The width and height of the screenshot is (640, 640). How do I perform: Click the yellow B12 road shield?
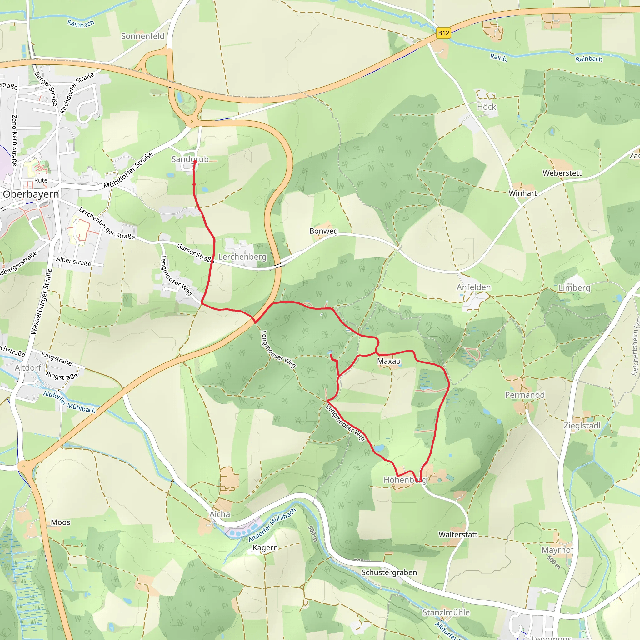click(443, 33)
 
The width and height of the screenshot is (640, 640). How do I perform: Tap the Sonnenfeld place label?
click(142, 36)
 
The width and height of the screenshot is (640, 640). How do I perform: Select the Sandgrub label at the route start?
click(190, 159)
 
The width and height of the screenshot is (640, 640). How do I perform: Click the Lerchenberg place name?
click(242, 257)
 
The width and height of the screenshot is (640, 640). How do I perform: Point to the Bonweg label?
click(323, 231)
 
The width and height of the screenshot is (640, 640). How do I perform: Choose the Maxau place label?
click(388, 361)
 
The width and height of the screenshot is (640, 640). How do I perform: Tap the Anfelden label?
click(473, 287)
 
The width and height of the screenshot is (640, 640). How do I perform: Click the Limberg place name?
click(574, 287)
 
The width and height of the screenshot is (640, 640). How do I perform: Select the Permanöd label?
click(524, 395)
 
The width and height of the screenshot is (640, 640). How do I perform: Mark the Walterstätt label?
click(458, 534)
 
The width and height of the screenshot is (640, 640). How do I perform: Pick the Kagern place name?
click(265, 547)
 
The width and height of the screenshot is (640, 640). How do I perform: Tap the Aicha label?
click(220, 514)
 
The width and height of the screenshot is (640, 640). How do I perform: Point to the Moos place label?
click(60, 522)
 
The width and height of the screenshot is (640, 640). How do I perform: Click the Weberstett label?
click(562, 173)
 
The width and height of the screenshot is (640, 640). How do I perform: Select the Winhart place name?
click(522, 193)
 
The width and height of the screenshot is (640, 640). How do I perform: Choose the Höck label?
click(486, 107)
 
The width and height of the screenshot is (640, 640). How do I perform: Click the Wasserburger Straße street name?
click(42, 302)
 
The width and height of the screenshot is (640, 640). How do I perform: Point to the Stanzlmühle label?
click(446, 612)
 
